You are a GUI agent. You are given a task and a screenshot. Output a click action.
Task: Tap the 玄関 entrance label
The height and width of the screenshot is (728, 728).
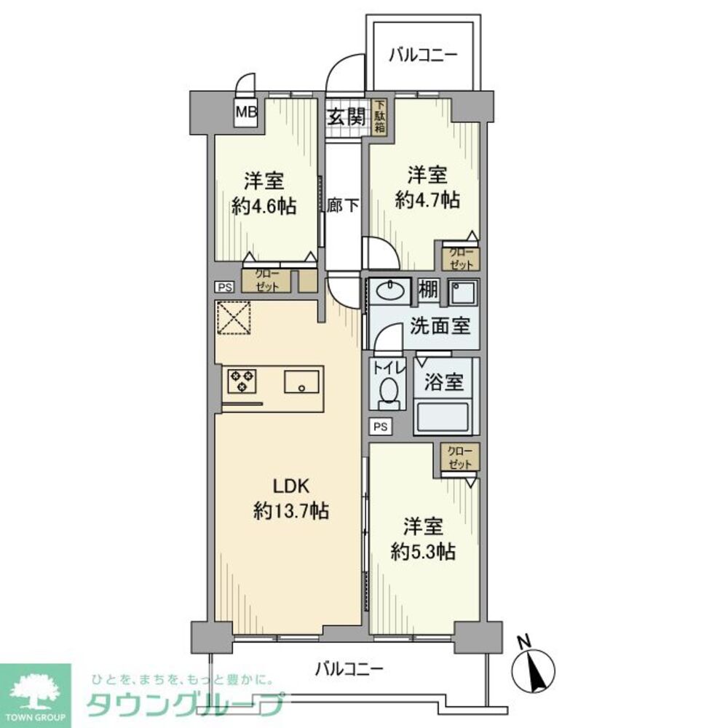tap(344, 116)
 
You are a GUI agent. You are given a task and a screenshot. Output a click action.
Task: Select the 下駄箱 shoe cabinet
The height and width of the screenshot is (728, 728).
tap(379, 116)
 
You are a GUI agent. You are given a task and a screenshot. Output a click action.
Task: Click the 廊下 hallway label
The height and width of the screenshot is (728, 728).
tap(343, 205)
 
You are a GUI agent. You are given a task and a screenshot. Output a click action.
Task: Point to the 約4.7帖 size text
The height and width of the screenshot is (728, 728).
tap(427, 199)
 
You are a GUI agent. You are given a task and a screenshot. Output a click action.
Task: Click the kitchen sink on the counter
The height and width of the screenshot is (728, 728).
tap(301, 382)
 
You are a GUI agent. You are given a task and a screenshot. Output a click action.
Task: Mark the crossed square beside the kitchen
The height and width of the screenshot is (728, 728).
tap(234, 317)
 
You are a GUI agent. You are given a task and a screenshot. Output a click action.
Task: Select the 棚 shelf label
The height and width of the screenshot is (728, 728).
tap(427, 290)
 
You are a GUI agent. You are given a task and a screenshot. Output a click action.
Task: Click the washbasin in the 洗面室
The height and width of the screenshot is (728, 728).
tap(391, 291)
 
